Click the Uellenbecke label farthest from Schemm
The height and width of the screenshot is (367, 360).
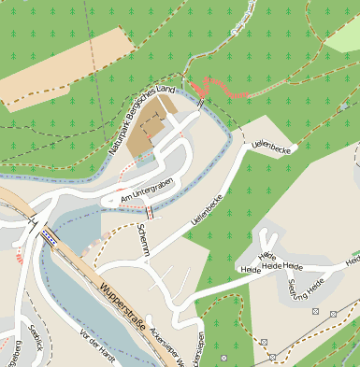273,146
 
